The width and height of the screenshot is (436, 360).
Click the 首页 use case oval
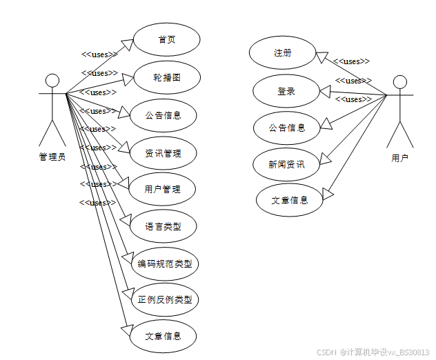coord(166,39)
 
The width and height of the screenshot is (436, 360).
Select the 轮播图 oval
coord(166,77)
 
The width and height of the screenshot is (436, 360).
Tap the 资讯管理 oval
coord(163,153)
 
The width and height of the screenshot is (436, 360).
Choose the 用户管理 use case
coord(163,189)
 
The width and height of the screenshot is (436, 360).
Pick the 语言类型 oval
coord(163,226)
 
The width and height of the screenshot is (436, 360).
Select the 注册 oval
coord(281,53)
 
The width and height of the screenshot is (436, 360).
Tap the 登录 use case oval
coord(286,91)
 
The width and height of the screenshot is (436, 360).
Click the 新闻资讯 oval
coord(286,164)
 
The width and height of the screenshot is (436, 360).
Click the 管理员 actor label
coord(52,157)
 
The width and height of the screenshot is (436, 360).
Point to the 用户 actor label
coord(400,159)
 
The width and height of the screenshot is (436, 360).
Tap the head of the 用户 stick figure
coord(400,83)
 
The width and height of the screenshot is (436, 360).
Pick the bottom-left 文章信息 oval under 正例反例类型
coord(163,337)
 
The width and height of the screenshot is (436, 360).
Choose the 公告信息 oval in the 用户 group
coord(287,128)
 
